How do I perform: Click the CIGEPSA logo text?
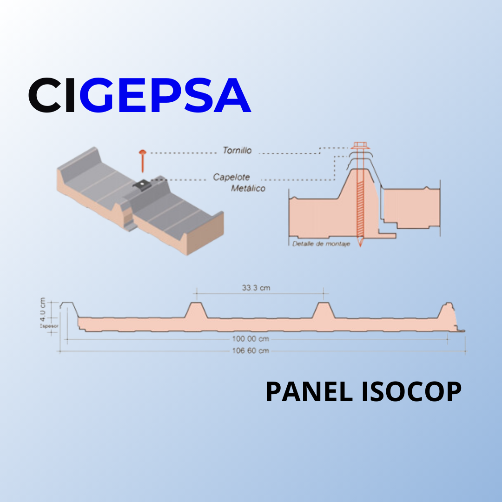(139, 96)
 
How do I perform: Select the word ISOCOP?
(411, 392)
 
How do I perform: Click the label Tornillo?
(237, 151)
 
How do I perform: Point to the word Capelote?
(231, 177)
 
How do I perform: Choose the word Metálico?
(248, 188)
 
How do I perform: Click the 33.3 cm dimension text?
(256, 288)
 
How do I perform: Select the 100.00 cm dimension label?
(250, 339)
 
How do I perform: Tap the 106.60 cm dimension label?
(250, 350)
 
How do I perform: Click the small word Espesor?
(49, 326)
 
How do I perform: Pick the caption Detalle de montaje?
(321, 244)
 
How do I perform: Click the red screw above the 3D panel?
(142, 159)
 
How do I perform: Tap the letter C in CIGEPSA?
(46, 96)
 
